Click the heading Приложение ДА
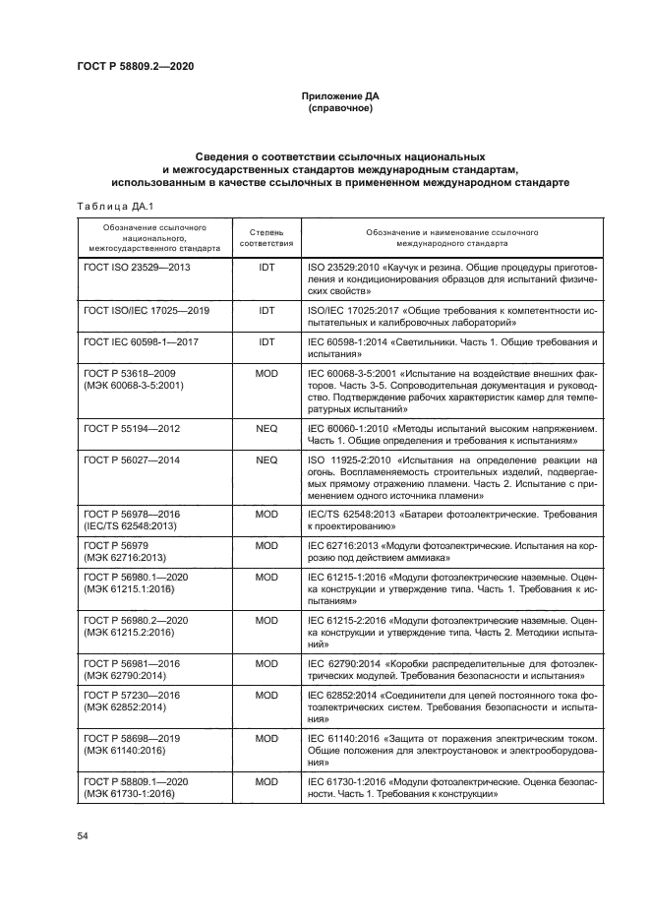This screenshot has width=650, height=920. pyautogui.click(x=339, y=96)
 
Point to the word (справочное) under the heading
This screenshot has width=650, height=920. pyautogui.click(x=339, y=108)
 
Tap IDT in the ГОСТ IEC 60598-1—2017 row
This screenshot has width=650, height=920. pyautogui.click(x=266, y=341)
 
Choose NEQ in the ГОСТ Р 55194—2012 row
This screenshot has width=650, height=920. pyautogui.click(x=266, y=430)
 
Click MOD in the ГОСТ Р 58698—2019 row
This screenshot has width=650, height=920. pyautogui.click(x=266, y=737)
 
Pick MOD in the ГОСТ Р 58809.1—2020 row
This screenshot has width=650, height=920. pyautogui.click(x=266, y=780)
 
